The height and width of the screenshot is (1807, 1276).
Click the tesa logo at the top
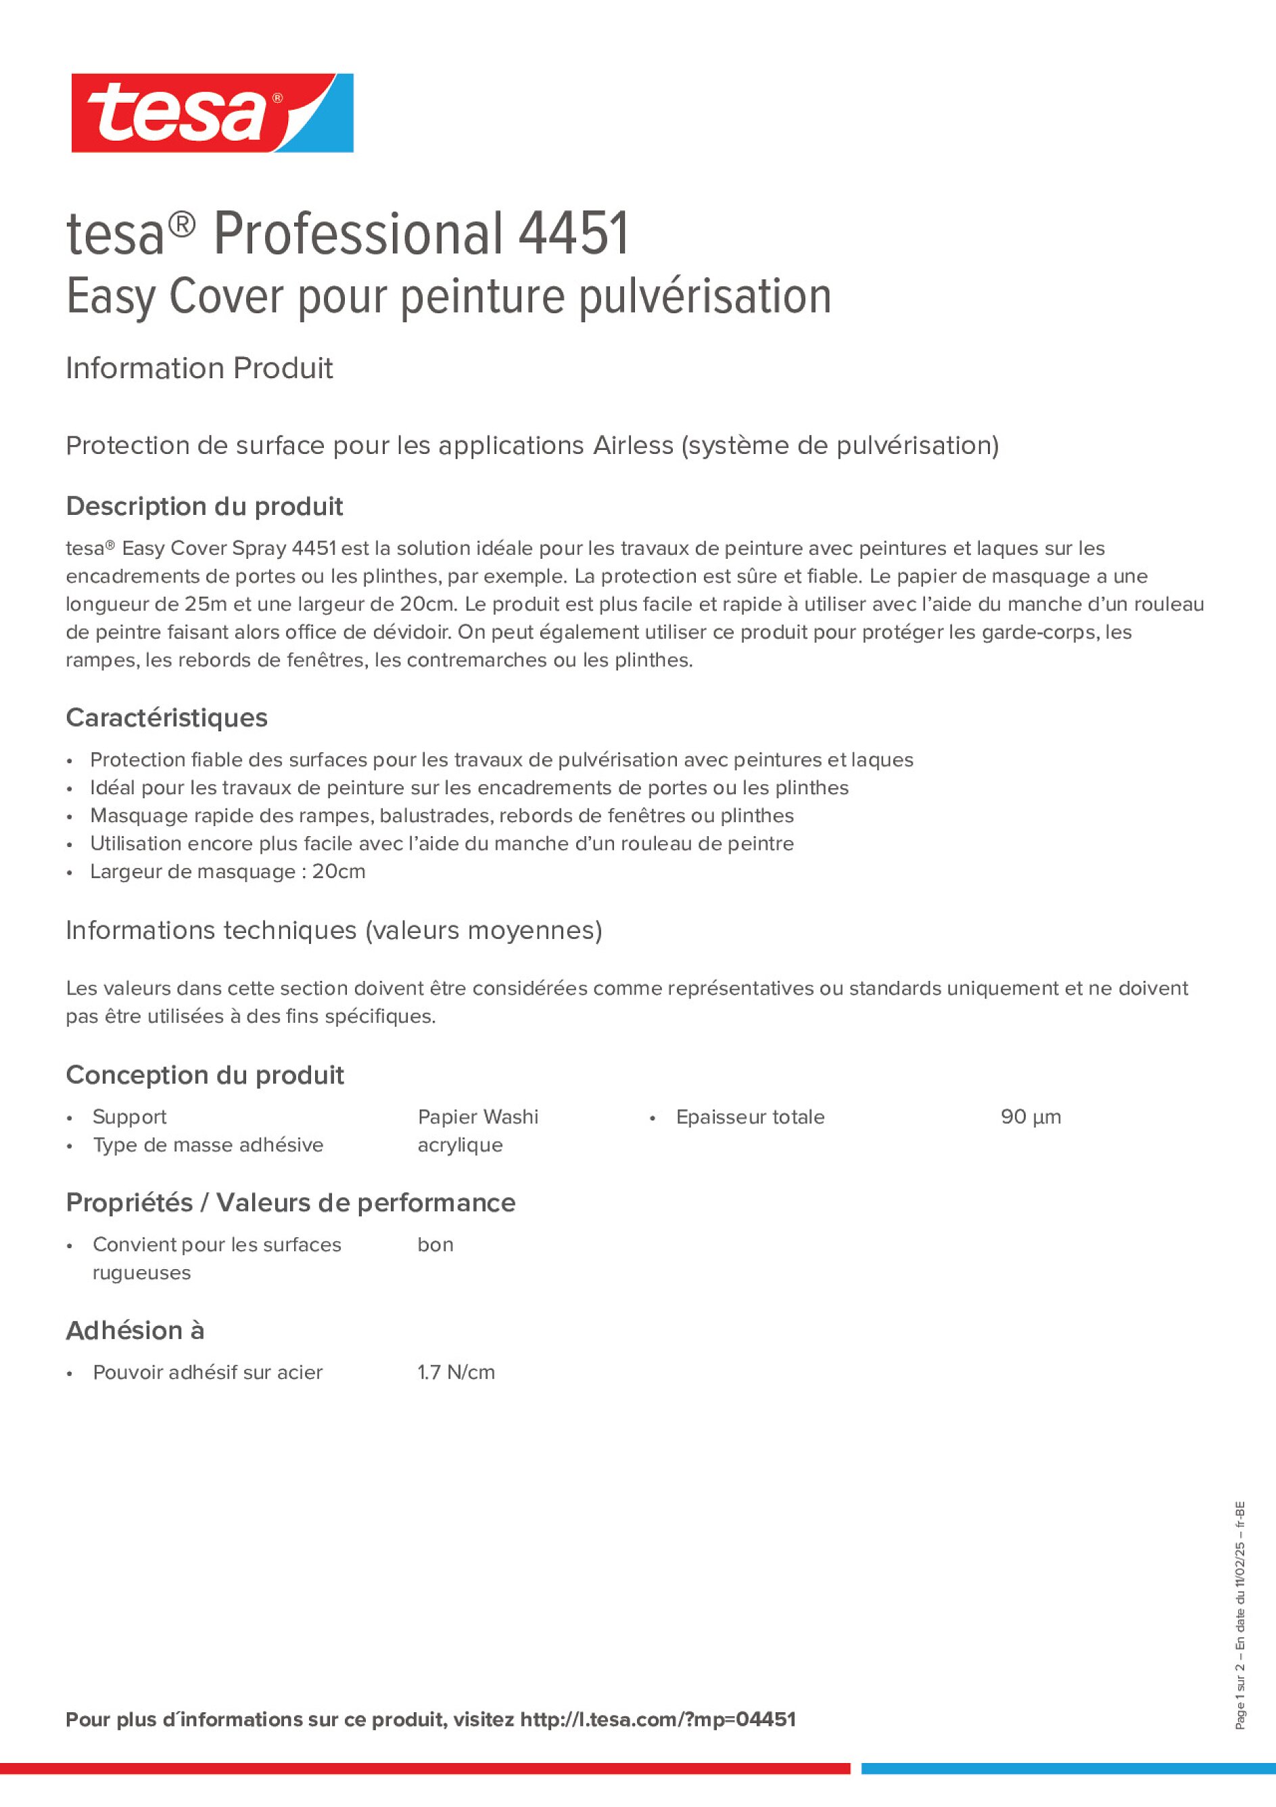pyautogui.click(x=212, y=114)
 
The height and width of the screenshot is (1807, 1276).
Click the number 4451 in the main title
pyautogui.click(x=573, y=234)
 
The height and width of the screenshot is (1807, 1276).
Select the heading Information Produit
pyautogui.click(x=199, y=368)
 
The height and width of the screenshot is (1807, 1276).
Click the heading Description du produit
pyautogui.click(x=204, y=506)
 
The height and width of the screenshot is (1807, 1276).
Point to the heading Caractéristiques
pyautogui.click(x=167, y=718)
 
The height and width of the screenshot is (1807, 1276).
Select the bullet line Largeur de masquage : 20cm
pyautogui.click(x=227, y=871)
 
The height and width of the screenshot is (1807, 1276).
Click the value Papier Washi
pyautogui.click(x=477, y=1117)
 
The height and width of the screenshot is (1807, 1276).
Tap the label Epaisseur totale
pyautogui.click(x=750, y=1117)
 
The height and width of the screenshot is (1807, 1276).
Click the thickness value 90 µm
pyautogui.click(x=1031, y=1117)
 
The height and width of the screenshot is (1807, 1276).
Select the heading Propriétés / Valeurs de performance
pyautogui.click(x=290, y=1203)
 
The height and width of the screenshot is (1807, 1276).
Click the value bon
pyautogui.click(x=435, y=1244)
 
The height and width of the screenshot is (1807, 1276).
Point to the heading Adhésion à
pyautogui.click(x=135, y=1330)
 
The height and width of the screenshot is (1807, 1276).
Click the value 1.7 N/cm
pyautogui.click(x=456, y=1373)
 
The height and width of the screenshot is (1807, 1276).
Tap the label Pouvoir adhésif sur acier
pyautogui.click(x=208, y=1373)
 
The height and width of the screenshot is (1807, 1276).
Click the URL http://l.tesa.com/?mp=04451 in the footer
pyautogui.click(x=658, y=1720)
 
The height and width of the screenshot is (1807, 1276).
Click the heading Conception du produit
pyautogui.click(x=204, y=1075)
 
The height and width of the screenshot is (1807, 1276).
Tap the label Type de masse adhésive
pyautogui.click(x=208, y=1145)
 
